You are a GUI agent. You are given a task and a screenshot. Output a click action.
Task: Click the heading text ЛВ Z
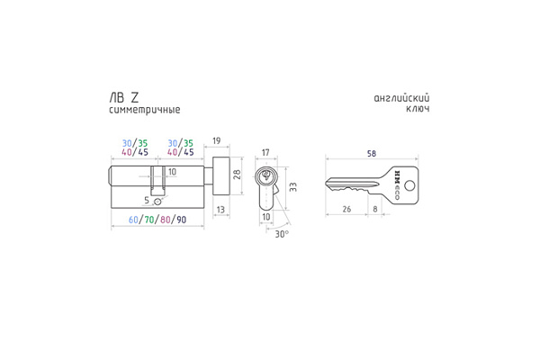click(x=118, y=96)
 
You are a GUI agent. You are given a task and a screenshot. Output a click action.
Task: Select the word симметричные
click(x=143, y=110)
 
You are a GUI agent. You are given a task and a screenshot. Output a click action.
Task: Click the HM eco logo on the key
click(x=396, y=185)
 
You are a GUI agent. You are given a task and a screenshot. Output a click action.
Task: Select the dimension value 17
click(x=265, y=154)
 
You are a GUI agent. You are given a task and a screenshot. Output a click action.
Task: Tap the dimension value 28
click(x=237, y=177)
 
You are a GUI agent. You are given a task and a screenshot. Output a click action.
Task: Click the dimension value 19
click(x=217, y=141)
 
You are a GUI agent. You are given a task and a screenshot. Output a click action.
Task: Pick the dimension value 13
click(x=220, y=209)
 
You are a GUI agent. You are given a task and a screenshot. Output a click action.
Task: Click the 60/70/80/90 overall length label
click(x=157, y=220)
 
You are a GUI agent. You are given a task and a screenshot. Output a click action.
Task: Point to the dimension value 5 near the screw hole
click(x=148, y=201)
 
